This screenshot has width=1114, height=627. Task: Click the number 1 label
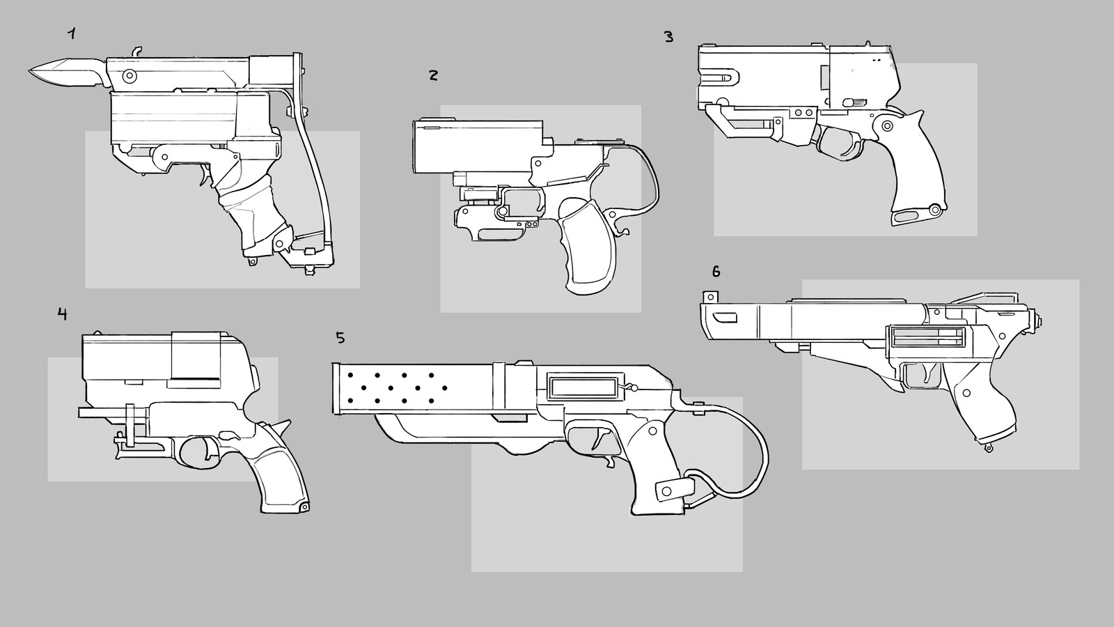[x=71, y=33]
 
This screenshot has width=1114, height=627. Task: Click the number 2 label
[x=433, y=75]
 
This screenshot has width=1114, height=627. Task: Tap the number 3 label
[x=668, y=37]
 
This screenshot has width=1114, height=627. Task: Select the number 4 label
[x=63, y=313]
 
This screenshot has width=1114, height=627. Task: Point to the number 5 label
[x=340, y=338]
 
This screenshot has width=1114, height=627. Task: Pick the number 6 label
[x=716, y=270]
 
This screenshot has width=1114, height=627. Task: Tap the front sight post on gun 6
[x=712, y=295]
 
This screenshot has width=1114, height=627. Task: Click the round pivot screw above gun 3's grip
[x=886, y=126]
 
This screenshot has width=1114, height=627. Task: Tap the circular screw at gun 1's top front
[x=129, y=74]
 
